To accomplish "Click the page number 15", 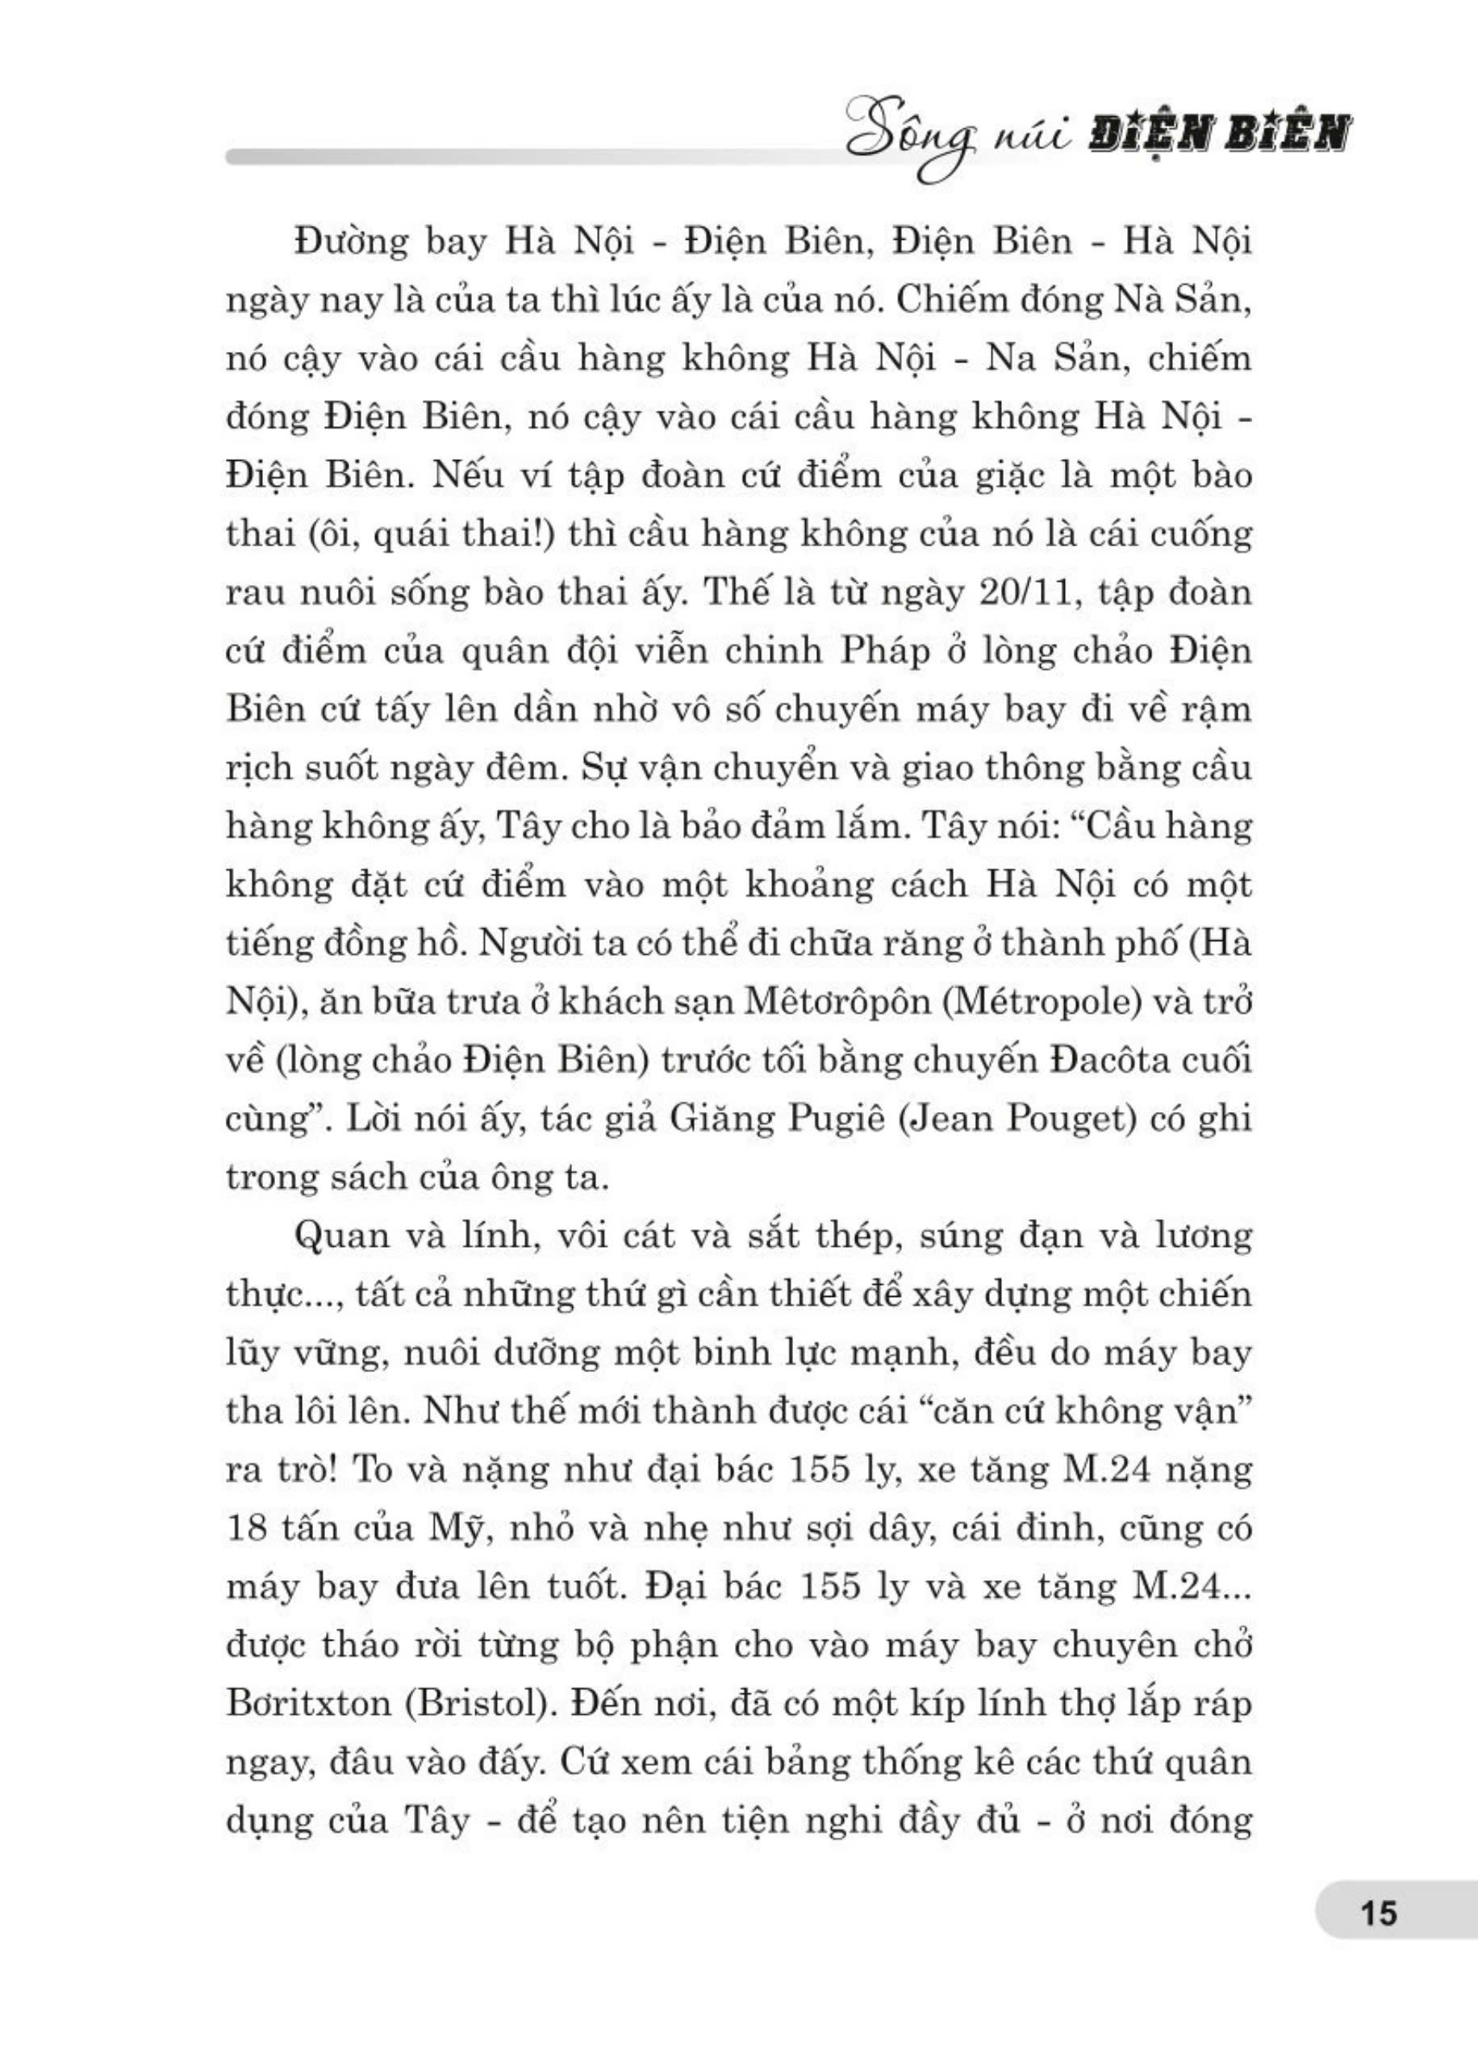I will [1380, 1913].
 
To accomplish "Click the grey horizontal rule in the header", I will [528, 157].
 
